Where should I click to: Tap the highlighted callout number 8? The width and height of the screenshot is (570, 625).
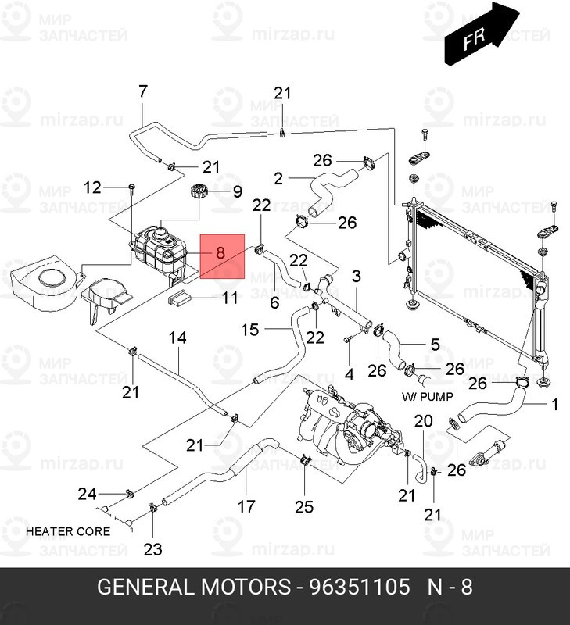(x=220, y=252)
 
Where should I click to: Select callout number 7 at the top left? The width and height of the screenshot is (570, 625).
(x=143, y=91)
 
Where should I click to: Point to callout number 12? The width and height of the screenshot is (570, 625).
(x=92, y=187)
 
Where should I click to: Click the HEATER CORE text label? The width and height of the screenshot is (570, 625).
(x=68, y=531)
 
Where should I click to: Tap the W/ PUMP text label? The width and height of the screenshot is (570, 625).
(x=427, y=397)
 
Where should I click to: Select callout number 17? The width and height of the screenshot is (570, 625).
(x=246, y=506)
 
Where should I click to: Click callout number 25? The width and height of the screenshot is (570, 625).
(x=304, y=507)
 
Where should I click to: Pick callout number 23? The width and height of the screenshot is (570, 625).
(x=152, y=550)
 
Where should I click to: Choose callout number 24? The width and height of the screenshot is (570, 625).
(x=88, y=495)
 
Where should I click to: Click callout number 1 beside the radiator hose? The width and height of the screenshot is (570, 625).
(x=554, y=404)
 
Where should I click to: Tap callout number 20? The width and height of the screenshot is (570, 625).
(x=423, y=420)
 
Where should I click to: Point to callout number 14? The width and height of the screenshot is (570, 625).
(x=177, y=338)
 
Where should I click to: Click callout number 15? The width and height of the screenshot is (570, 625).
(x=249, y=330)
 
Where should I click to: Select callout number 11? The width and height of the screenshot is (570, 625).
(x=230, y=298)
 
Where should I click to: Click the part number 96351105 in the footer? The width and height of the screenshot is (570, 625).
(x=360, y=587)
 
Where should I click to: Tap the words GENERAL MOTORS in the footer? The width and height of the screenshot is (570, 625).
(x=194, y=587)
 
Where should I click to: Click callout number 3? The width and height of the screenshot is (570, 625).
(x=357, y=277)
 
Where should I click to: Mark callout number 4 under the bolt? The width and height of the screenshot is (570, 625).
(x=349, y=374)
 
